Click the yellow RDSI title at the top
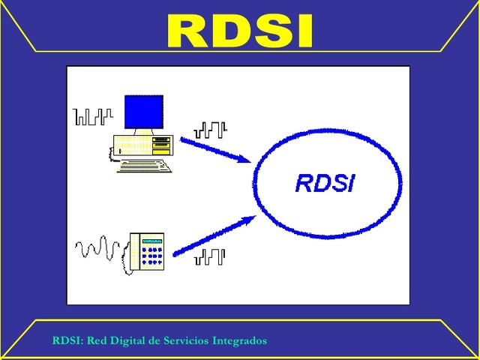pyautogui.click(x=239, y=31)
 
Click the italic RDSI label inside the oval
pyautogui.click(x=325, y=183)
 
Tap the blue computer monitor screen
pyautogui.click(x=144, y=112)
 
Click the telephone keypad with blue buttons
pyautogui.click(x=153, y=256)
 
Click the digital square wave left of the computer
pyautogui.click(x=93, y=116)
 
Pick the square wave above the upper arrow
pyautogui.click(x=210, y=130)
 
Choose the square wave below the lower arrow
pyautogui.click(x=210, y=257)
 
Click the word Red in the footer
pyautogui.click(x=97, y=340)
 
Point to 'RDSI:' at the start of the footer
pyautogui.click(x=68, y=340)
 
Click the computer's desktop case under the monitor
pyautogui.click(x=142, y=145)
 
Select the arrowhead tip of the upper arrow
pyautogui.click(x=250, y=160)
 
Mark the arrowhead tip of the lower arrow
pyautogui.click(x=256, y=218)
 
